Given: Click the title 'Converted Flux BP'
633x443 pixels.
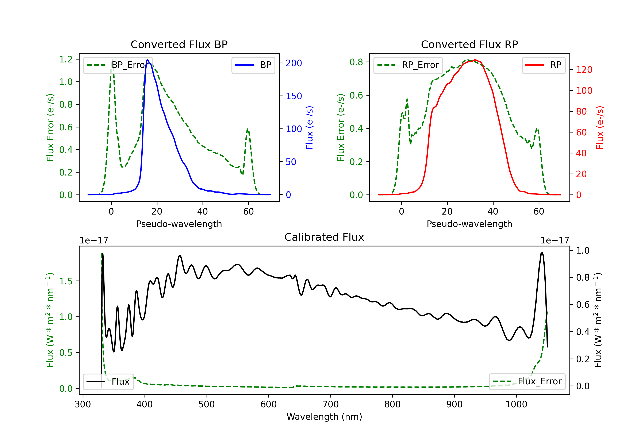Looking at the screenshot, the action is point(179,44).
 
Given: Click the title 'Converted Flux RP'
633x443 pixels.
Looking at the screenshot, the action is point(469,44).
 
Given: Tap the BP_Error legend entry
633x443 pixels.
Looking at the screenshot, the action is point(118,65).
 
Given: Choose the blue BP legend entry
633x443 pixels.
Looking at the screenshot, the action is point(253,65).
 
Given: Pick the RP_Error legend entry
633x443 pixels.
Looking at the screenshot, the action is point(408,65).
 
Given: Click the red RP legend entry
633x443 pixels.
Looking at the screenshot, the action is point(543,65).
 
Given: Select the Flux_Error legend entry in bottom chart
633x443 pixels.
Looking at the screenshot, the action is point(527,382).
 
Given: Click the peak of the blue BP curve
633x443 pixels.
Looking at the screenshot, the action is point(148,60).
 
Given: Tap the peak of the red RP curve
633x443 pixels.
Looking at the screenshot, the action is point(475,60).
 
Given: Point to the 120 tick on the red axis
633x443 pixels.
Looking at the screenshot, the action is point(584,70).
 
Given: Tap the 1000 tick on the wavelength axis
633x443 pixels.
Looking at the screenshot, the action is point(516,404).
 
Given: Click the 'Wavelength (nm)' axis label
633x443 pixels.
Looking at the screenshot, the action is point(324,417).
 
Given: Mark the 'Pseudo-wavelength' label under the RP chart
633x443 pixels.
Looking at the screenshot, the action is point(469,224).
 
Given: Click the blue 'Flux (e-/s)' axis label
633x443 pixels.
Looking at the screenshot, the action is point(309,128).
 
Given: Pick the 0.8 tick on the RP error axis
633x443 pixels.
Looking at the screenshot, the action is point(356,62).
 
